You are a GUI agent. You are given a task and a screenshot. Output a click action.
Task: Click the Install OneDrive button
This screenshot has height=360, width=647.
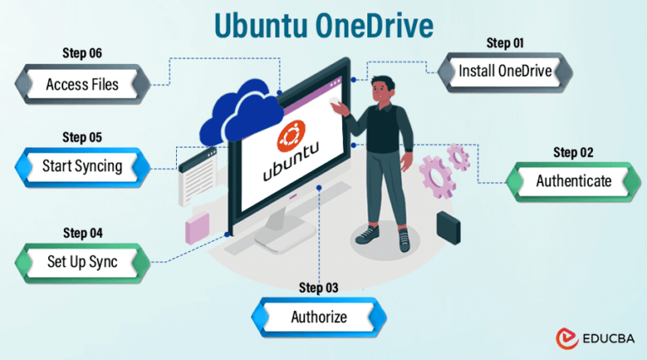[x=505, y=71]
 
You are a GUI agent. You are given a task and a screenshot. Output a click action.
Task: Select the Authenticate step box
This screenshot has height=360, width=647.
[x=574, y=180]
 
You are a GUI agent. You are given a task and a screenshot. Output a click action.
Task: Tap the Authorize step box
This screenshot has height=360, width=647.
[x=318, y=317]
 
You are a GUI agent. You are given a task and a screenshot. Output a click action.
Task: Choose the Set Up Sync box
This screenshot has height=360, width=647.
[x=82, y=262]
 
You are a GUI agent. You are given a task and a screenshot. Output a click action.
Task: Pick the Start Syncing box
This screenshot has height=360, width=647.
[x=82, y=166]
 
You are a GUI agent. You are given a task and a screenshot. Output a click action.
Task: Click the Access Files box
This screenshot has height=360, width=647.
[x=82, y=83]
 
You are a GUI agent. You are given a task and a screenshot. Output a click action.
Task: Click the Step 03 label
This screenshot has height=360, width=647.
[x=318, y=288]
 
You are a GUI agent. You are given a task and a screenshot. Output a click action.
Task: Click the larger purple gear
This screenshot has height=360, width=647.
[x=438, y=173]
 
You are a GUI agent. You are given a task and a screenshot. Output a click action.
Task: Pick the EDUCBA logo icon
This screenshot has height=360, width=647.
[x=566, y=339]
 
